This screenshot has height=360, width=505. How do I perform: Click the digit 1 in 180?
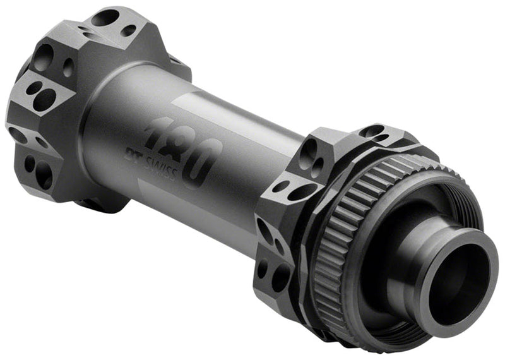tap(158, 135)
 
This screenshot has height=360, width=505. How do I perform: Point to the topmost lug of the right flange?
tap(379, 133)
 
